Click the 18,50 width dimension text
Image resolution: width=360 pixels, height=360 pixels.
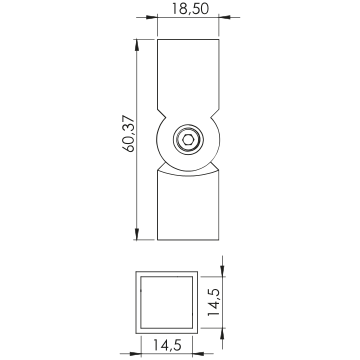point(190,8)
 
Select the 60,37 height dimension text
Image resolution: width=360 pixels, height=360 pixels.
point(129,134)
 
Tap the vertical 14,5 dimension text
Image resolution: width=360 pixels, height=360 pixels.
point(213,302)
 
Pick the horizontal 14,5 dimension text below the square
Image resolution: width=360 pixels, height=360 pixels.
point(167,345)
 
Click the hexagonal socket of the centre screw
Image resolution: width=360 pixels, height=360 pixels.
point(188,140)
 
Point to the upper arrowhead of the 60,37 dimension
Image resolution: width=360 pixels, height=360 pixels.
point(137,45)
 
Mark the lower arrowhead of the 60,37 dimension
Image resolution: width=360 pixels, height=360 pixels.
point(137,234)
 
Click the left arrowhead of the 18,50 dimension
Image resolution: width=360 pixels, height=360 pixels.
point(152,17)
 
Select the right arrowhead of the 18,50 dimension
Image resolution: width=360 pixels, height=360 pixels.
point(225,17)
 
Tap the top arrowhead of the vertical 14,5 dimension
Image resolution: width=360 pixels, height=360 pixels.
point(223,271)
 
